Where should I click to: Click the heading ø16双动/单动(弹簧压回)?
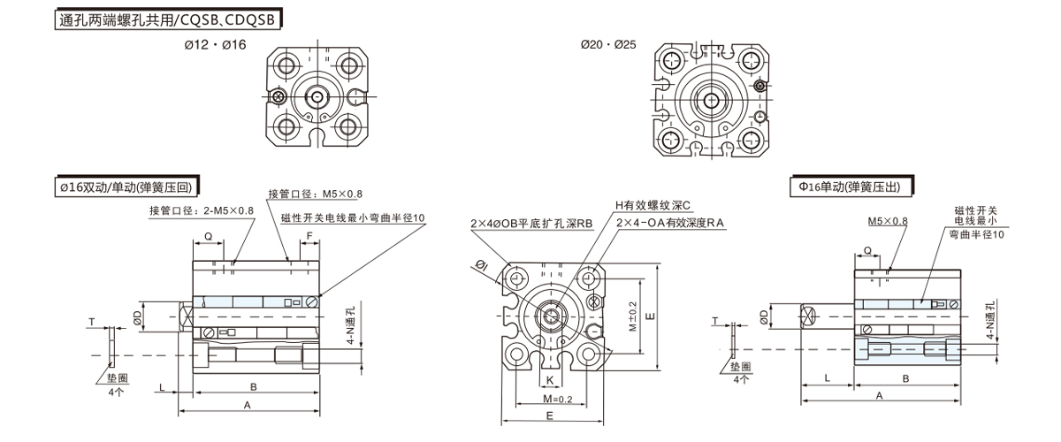(123, 187)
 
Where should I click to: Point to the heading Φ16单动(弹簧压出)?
(852, 187)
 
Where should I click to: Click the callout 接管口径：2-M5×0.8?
(202, 210)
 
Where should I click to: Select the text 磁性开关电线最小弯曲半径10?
(353, 217)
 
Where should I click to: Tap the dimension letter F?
(309, 236)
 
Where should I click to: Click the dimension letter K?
(550, 380)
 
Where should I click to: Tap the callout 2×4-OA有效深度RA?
(670, 224)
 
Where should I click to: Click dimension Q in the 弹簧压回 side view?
(209, 236)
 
